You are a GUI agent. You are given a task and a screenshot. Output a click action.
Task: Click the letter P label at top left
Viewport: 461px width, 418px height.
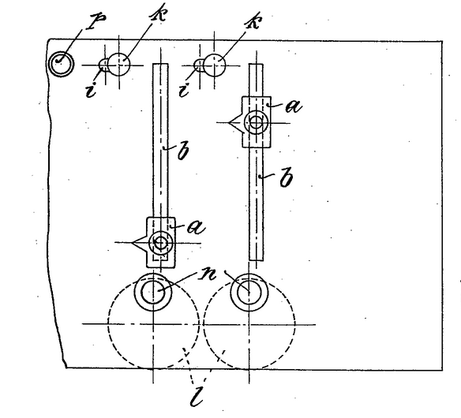coord(96,21)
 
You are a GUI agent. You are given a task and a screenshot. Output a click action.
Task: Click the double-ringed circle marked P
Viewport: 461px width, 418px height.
coord(61,64)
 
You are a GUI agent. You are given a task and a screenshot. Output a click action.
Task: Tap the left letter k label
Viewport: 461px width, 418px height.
coord(158,13)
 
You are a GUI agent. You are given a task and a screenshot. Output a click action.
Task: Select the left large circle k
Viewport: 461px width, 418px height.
coord(118,65)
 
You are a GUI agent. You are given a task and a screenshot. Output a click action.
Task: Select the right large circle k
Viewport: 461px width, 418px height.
coord(215,65)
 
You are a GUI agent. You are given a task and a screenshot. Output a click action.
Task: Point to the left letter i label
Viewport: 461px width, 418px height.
coord(91,90)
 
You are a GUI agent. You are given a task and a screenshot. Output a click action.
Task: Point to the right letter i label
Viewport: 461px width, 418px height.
coord(184,90)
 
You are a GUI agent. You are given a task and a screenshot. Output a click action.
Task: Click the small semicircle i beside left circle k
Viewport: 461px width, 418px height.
coord(103,65)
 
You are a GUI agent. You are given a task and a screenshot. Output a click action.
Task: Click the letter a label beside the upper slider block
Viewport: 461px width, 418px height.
coord(294,106)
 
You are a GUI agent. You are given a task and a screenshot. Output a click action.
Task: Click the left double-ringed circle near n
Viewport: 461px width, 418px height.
coord(153,293)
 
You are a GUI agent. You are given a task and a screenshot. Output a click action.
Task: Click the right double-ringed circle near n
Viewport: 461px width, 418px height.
coord(249,293)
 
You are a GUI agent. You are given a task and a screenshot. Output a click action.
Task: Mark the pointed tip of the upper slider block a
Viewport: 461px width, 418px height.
coord(229,122)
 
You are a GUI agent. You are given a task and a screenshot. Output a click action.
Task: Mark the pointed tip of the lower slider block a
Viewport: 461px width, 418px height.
coord(133,243)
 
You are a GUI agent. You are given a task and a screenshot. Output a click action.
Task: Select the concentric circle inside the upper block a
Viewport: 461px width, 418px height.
coord(256,122)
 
